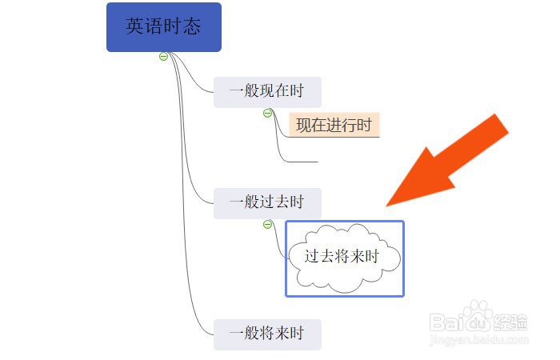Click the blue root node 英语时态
pos(163,27)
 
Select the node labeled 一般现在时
pos(267,92)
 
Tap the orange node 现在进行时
pos(334,125)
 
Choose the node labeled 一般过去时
pos(267,203)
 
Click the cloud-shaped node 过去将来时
pos(345,258)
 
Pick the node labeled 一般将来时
pos(267,334)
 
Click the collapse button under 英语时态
pos(163,57)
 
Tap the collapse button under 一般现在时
pos(268,114)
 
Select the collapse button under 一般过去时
pos(268,224)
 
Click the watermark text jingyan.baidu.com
pos(480,342)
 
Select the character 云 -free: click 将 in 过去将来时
pos(356,258)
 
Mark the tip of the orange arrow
pos(389,205)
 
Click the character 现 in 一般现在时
pos(266,92)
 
